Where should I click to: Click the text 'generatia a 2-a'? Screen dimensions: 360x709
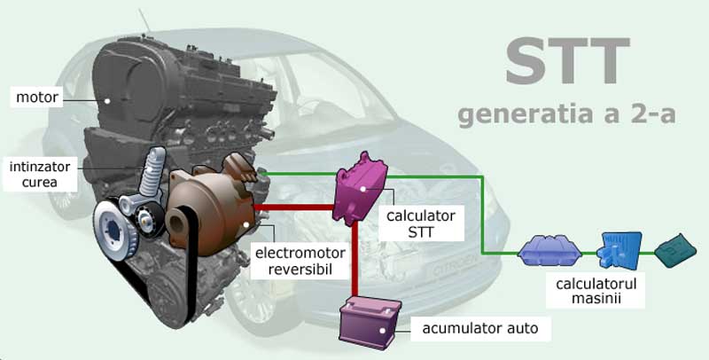coord(566,115)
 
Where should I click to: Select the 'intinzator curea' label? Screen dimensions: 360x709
coord(40,174)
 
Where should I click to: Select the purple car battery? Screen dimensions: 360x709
coord(373,325)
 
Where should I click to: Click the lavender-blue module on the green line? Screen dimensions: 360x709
coord(549,250)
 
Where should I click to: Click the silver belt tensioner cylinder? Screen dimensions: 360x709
coord(154,168)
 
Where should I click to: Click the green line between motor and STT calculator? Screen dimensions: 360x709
coord(301,174)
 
